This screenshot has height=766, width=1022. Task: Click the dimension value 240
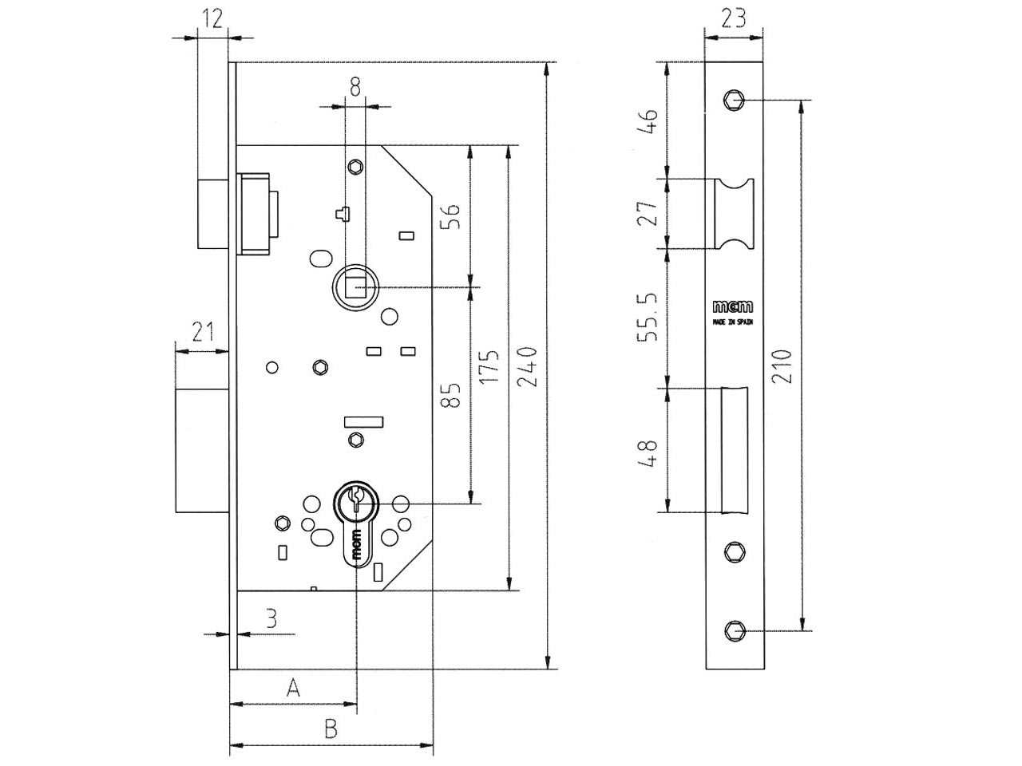pyautogui.click(x=529, y=366)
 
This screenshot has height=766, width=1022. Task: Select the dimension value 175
pyautogui.click(x=489, y=367)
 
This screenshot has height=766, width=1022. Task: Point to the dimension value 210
pyautogui.click(x=782, y=366)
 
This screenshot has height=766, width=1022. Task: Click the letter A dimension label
pyautogui.click(x=293, y=687)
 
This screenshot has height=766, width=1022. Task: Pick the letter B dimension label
pyautogui.click(x=331, y=728)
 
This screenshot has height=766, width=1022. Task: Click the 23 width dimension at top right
pyautogui.click(x=733, y=18)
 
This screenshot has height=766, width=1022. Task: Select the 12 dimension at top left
pyautogui.click(x=212, y=18)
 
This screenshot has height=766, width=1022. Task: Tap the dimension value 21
pyautogui.click(x=203, y=332)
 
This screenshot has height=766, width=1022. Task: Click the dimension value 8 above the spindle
pyautogui.click(x=355, y=87)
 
